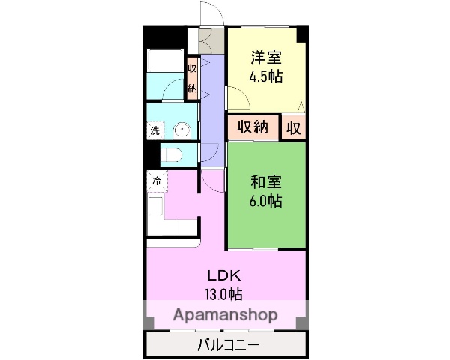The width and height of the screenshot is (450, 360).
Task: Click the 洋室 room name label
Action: [x=266, y=55]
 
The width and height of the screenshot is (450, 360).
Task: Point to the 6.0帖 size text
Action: [x=266, y=201]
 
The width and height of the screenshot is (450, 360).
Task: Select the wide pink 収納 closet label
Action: [x=253, y=127]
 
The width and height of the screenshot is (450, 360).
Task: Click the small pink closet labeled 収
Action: [x=293, y=127]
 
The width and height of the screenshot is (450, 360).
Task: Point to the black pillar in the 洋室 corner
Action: [x=301, y=33]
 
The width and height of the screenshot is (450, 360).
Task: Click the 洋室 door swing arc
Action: [x=238, y=97]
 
